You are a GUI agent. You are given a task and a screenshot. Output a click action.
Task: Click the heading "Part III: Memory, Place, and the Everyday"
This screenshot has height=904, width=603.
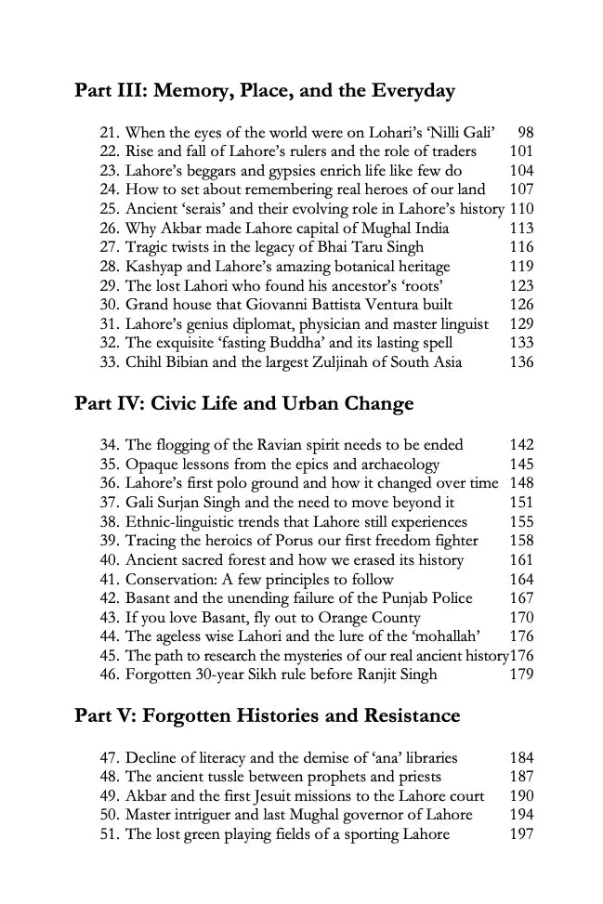(265, 91)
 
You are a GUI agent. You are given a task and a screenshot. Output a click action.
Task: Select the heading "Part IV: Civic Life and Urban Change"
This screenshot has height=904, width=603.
(243, 404)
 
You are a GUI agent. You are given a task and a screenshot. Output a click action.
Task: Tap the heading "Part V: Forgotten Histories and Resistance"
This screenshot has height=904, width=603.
(267, 716)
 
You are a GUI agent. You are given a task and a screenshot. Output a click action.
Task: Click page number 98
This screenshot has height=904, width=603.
(526, 133)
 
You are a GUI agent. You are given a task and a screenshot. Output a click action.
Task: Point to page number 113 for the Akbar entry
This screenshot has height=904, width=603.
(522, 229)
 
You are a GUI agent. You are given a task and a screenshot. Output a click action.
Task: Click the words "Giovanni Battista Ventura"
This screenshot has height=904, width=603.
(339, 305)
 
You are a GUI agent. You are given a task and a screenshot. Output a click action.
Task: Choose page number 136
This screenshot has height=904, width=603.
(522, 361)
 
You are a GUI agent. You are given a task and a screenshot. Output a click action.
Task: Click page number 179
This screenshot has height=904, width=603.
(522, 674)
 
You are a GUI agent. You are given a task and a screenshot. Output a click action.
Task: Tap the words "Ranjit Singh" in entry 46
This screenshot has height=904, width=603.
(394, 674)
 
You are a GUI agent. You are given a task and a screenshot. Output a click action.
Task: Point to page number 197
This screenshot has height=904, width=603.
(522, 834)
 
